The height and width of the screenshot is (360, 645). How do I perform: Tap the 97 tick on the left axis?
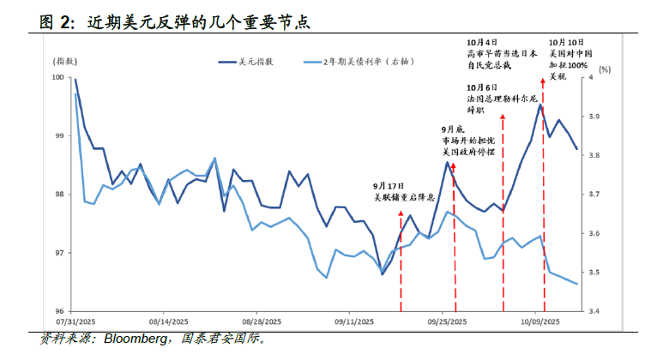pyautogui.click(x=60, y=253)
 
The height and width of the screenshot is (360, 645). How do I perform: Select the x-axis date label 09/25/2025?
pyautogui.click(x=447, y=321)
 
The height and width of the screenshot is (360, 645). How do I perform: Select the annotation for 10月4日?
pyautogui.click(x=500, y=52)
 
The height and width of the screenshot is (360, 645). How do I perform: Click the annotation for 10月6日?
pyautogui.click(x=500, y=99)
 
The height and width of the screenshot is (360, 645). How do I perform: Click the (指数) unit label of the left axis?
pyautogui.click(x=65, y=62)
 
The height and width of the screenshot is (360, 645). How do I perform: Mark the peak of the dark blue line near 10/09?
pyautogui.click(x=540, y=105)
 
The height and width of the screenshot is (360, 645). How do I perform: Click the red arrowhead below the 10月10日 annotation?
pyautogui.click(x=543, y=81)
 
